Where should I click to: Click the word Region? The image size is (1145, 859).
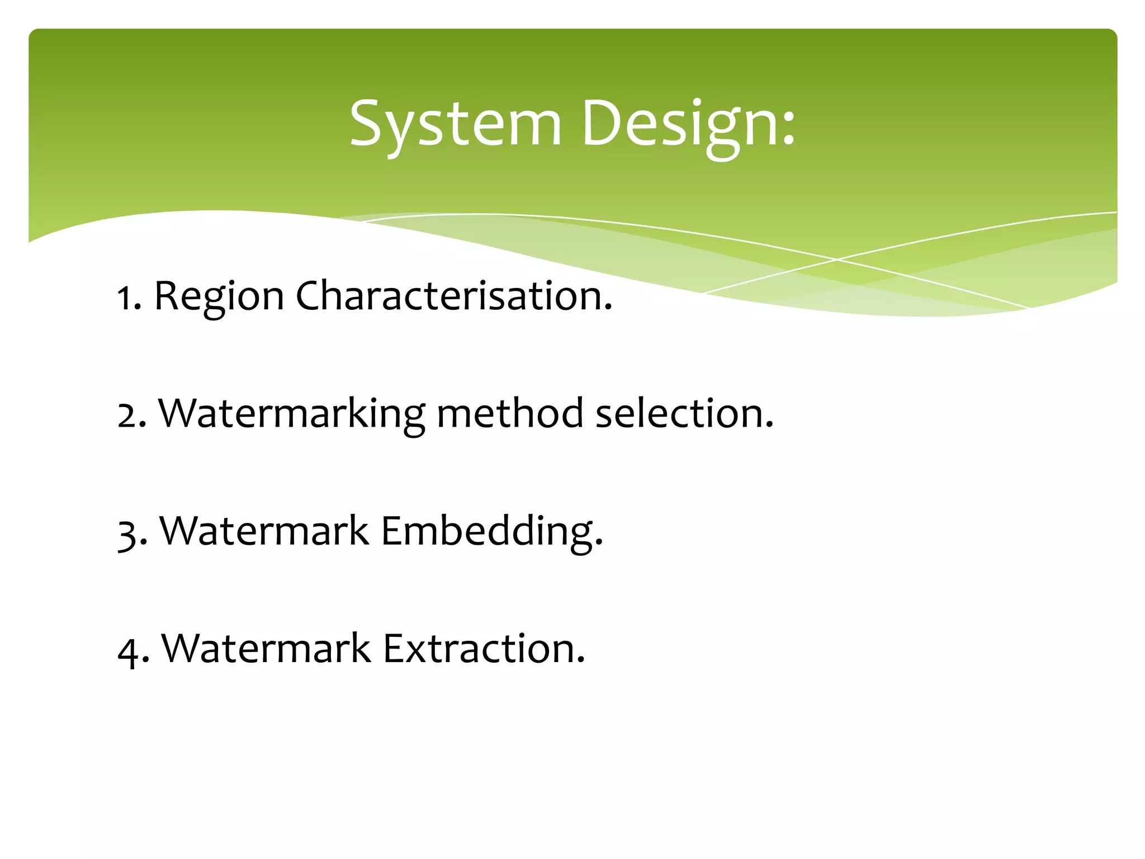coord(219,296)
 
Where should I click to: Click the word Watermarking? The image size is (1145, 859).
coord(292,414)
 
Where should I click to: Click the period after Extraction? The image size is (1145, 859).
coord(580,660)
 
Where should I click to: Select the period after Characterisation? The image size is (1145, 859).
coord(608,308)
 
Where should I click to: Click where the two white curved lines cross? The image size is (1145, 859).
coord(837,259)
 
